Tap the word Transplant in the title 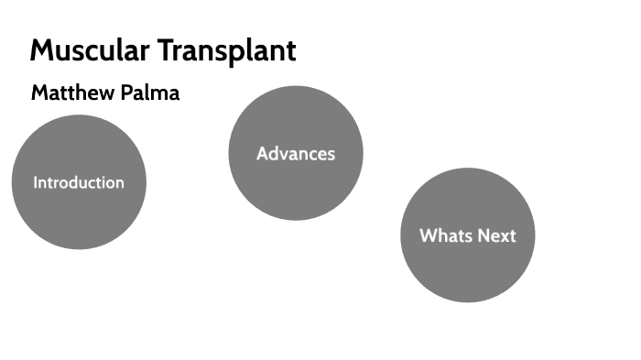226,50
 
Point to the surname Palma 150,93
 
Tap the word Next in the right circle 494,235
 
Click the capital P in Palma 126,93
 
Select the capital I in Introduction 36,182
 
